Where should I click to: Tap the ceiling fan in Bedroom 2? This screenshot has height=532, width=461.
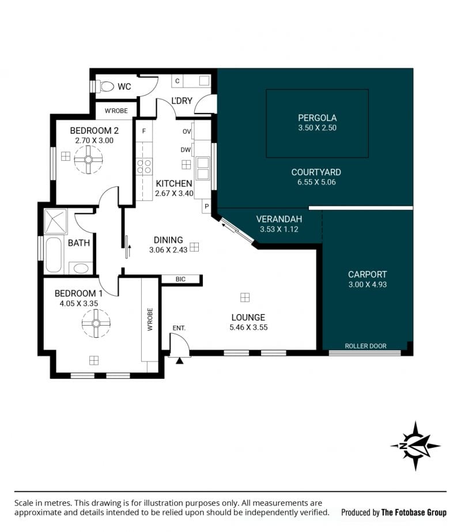click(x=89, y=160)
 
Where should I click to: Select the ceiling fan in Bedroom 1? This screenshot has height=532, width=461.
click(x=96, y=323)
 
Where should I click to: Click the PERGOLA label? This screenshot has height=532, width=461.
click(x=317, y=118)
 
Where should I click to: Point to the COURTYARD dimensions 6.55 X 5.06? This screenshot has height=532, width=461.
click(x=316, y=182)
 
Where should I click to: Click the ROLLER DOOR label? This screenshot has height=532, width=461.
click(x=366, y=346)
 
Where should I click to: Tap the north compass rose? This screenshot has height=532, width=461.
click(x=415, y=446)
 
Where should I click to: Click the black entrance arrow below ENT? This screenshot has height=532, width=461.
click(x=179, y=361)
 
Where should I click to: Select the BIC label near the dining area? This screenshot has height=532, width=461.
click(x=180, y=279)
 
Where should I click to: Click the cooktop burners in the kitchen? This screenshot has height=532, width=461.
click(x=144, y=166)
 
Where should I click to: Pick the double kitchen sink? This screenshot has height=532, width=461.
click(x=203, y=168)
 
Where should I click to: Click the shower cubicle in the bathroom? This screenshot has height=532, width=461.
click(x=56, y=221)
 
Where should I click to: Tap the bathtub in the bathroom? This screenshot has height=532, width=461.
click(x=54, y=254)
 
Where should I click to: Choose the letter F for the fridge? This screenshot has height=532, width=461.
click(x=144, y=131)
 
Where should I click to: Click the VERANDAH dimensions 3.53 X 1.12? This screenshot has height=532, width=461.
click(x=279, y=229)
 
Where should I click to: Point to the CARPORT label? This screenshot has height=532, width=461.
click(x=368, y=274)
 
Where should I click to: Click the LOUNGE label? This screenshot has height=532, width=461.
click(x=248, y=318)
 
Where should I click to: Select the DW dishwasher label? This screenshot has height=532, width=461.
click(x=186, y=150)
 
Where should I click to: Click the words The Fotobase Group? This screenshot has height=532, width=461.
click(x=414, y=512)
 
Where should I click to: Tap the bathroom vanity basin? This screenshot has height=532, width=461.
click(x=81, y=269)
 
